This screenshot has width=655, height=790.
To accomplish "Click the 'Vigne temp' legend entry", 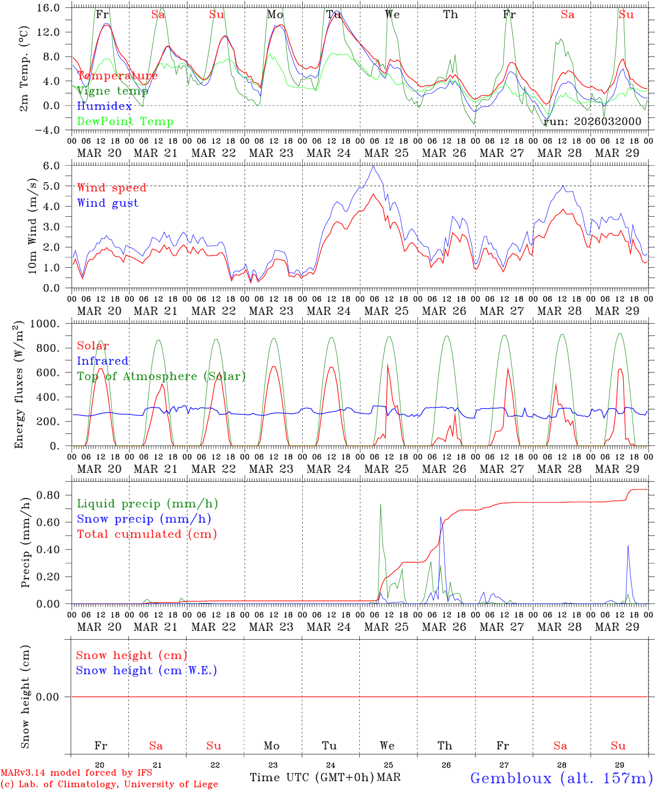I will tap(112, 91).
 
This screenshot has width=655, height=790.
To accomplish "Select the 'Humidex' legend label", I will tap(104, 106).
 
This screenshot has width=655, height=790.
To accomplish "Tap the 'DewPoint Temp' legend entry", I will tap(125, 121).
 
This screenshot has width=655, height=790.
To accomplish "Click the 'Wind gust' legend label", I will tap(108, 203).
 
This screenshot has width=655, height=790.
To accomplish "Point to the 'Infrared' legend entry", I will tap(103, 361).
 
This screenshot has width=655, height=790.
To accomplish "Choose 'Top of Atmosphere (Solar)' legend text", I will tap(161, 376).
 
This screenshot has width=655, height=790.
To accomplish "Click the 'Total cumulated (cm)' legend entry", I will tap(147, 534).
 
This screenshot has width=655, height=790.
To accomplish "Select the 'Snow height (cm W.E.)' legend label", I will tap(146, 670).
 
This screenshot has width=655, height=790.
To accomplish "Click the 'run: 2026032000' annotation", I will tap(592, 121).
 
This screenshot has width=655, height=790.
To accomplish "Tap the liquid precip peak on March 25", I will tap(381, 504).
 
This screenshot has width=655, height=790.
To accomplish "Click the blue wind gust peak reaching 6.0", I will tap(373, 166).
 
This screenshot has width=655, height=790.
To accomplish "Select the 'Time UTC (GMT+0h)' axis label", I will tap(312, 777).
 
